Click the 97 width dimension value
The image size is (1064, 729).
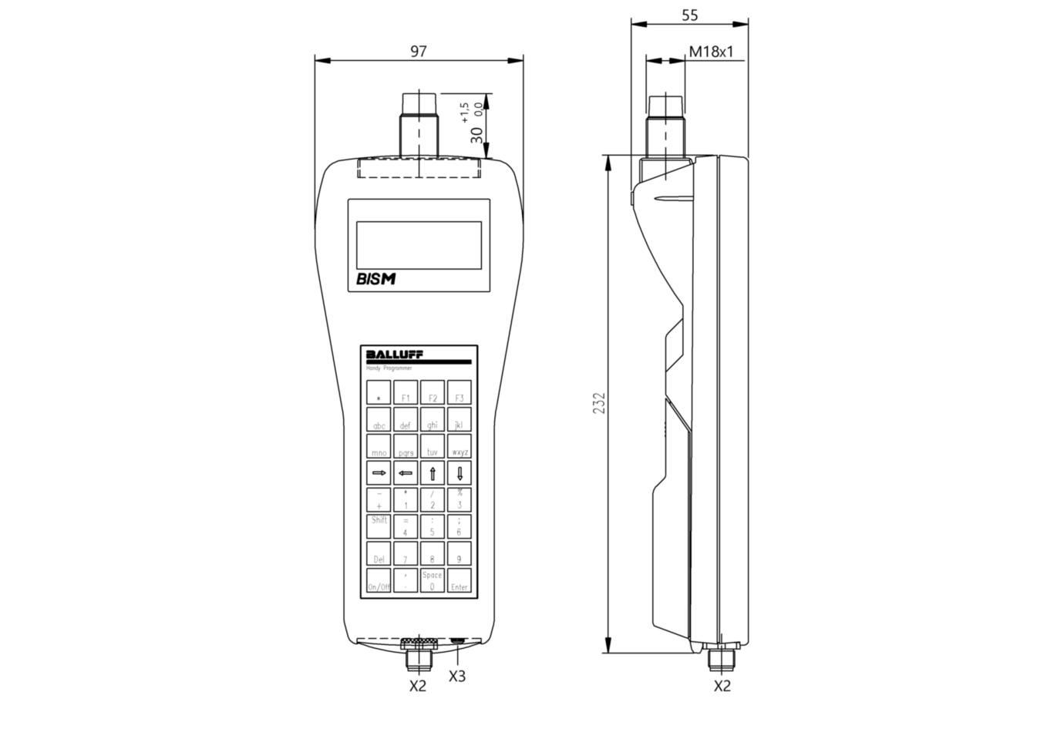418,52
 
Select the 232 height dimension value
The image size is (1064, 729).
599,403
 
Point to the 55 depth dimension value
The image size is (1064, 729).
690,15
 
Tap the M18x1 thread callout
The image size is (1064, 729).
711,52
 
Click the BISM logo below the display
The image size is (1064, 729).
375,279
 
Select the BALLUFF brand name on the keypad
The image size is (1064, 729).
394,354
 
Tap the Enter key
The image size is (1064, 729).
460,581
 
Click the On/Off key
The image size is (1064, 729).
379,581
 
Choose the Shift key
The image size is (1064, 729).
379,526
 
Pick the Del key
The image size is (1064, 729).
379,554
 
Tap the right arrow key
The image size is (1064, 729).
379,472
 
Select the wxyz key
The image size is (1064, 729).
460,446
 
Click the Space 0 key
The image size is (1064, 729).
433,581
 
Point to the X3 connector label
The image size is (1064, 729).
457,676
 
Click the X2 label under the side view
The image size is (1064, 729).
722,685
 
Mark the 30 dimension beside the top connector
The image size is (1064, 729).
477,134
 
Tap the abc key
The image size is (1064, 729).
379,419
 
